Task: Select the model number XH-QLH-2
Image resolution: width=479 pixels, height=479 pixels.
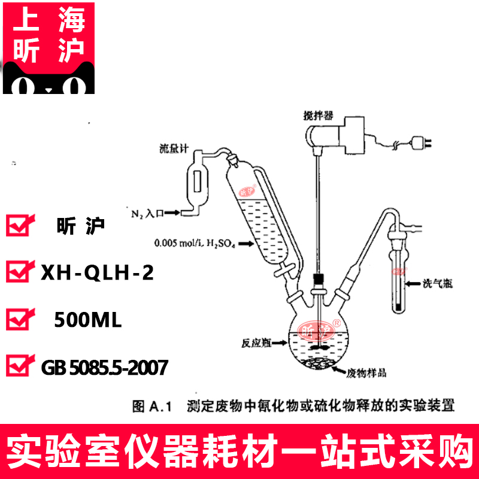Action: [x=96, y=273]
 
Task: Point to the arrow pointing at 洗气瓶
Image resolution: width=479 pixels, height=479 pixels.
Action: [x=414, y=282]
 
